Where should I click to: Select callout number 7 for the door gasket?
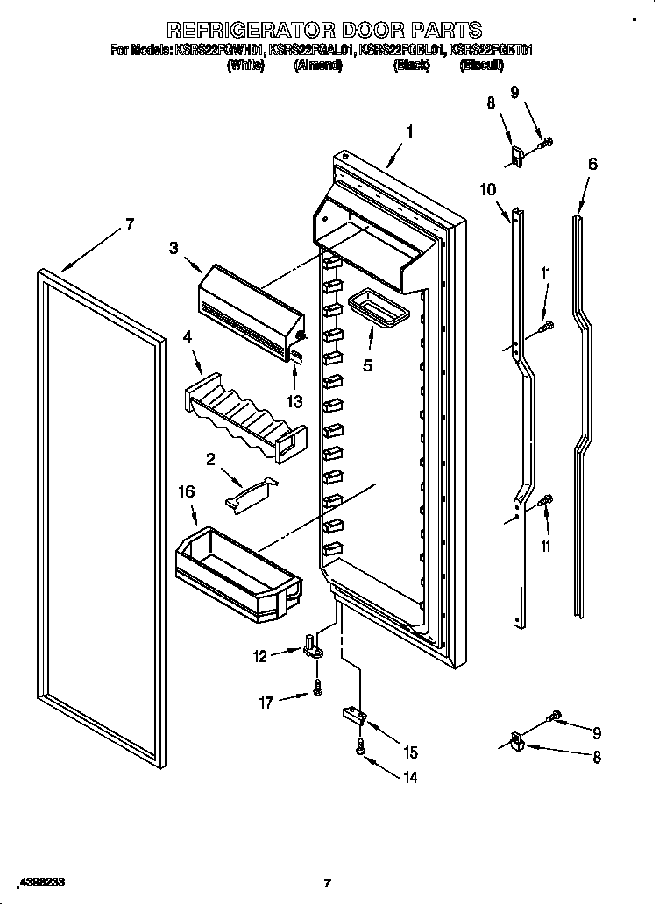tap(130, 225)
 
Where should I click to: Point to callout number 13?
tap(294, 402)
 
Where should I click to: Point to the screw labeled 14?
tap(359, 746)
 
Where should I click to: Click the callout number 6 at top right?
tap(593, 164)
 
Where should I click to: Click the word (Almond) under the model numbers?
tap(318, 66)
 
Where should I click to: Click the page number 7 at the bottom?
tap(326, 882)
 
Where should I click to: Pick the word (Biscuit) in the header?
tap(481, 66)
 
